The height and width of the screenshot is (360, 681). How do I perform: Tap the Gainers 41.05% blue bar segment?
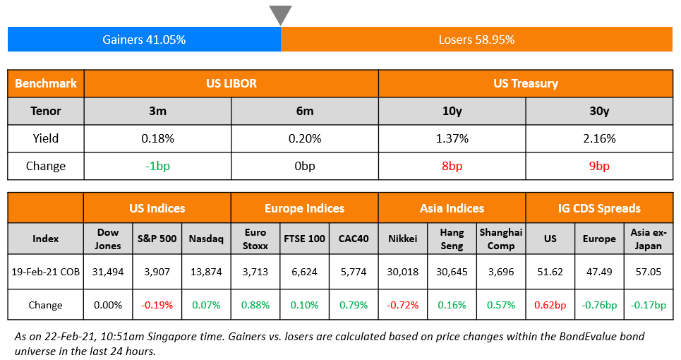pos(144,40)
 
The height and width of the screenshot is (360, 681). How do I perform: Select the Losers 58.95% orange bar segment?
pos(476,40)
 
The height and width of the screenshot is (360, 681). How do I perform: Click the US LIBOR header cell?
pos(231,83)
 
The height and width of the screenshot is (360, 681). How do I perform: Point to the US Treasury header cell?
pos(526,83)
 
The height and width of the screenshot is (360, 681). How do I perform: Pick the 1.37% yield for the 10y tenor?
pos(452,138)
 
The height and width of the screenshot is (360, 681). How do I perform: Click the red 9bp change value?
pos(599,166)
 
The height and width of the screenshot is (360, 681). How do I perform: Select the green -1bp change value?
pos(157,166)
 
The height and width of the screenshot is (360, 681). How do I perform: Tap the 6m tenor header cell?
pos(305,111)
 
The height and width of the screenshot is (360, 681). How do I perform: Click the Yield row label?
pos(46,138)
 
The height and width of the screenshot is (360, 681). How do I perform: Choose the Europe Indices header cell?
pos(304,208)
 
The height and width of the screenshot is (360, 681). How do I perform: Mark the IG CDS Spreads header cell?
pos(599,208)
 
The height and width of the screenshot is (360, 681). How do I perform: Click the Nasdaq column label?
pos(206,239)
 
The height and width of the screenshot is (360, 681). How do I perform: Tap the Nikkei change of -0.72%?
pos(403,305)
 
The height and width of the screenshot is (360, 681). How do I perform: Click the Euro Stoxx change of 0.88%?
pos(255,305)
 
